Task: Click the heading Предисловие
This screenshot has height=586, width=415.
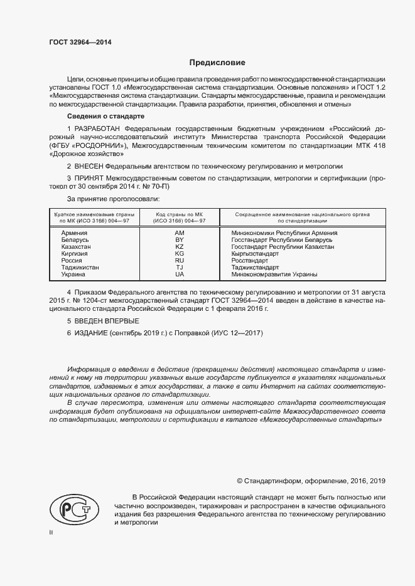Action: coord(217,63)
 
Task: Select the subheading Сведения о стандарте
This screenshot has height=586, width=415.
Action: coord(105,117)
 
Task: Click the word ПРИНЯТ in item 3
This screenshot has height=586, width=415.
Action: coord(89,178)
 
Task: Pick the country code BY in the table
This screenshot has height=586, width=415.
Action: coord(179,239)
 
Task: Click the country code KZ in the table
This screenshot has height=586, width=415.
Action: coord(179,247)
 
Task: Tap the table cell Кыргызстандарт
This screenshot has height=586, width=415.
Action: coord(256,254)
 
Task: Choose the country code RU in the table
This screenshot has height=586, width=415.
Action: coord(179,261)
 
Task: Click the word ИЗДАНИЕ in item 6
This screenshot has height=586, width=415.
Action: coord(91,333)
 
